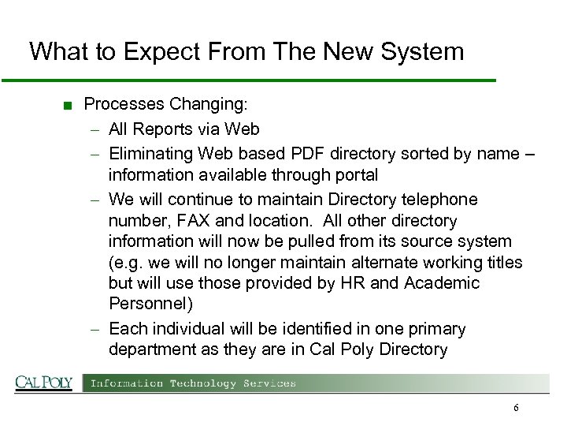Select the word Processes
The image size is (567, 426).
(122, 104)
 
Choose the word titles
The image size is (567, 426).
(502, 263)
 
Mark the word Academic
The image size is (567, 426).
(441, 283)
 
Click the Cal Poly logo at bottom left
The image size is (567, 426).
(44, 383)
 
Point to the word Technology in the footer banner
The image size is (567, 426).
(192, 383)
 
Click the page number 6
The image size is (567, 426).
(516, 408)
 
